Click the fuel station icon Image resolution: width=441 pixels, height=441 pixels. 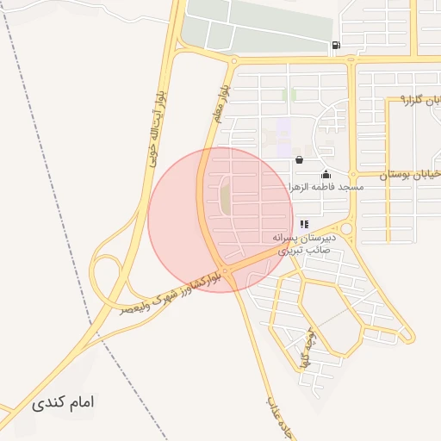coord(335,46)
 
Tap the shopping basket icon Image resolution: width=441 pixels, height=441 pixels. coord(298,159)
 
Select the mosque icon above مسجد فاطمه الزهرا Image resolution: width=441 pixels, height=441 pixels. coord(325,175)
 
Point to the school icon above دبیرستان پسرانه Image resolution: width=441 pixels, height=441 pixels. coord(304,224)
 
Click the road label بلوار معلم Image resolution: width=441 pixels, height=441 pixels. coord(221,101)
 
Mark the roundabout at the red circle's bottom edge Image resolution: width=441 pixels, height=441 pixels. coord(226,272)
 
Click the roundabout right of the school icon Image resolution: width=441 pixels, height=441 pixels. coord(346,229)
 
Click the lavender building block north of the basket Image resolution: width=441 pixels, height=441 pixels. coord(283,131)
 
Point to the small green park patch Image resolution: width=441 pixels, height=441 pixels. coord(290,94)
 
